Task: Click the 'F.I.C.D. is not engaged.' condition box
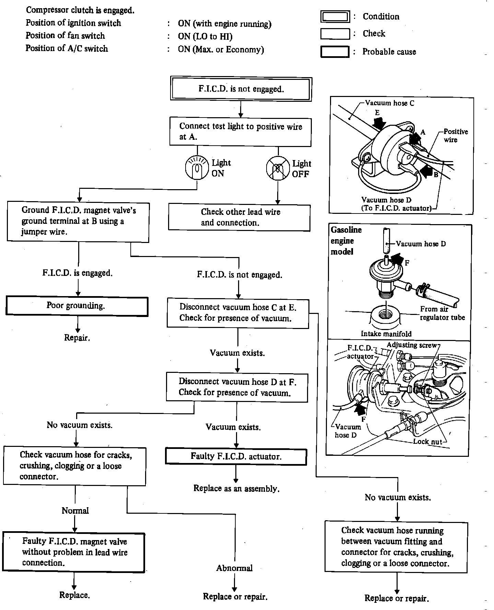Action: tap(241, 89)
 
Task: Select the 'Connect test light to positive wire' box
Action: tap(240, 132)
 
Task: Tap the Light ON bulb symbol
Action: tap(197, 168)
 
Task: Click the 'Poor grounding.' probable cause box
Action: tap(77, 306)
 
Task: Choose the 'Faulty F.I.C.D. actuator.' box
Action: tap(236, 456)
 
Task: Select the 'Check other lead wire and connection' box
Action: tap(239, 218)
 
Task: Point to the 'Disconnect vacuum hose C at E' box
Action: tap(238, 313)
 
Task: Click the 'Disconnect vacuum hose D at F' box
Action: tap(237, 387)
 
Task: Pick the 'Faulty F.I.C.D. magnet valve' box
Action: tap(74, 552)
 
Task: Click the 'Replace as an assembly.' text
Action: tap(236, 488)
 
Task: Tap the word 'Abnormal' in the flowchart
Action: tap(234, 568)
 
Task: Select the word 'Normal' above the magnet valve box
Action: tap(75, 511)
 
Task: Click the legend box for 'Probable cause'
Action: tap(335, 52)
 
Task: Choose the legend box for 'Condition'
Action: tap(335, 16)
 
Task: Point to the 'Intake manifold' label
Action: tap(386, 334)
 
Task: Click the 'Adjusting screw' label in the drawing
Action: tap(411, 345)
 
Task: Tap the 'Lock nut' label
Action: tap(427, 442)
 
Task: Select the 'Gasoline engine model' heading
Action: tap(346, 241)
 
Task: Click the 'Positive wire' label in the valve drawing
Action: tap(455, 136)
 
